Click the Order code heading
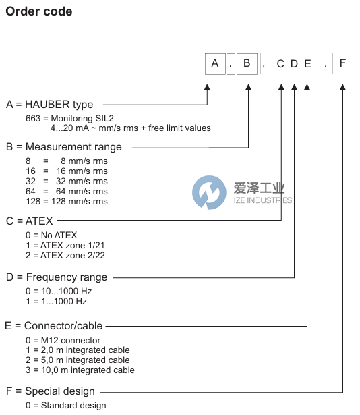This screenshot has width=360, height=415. [x=39, y=11]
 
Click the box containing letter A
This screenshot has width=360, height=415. [x=215, y=64]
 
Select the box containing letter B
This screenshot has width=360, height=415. [x=247, y=64]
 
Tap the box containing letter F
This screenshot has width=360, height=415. [x=342, y=64]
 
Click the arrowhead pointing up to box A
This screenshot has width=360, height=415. [x=207, y=88]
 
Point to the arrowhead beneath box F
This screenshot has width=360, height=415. [x=342, y=88]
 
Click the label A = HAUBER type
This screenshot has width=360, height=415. [x=50, y=105]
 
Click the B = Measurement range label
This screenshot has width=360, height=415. [x=64, y=147]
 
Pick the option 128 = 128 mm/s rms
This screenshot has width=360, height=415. [x=66, y=202]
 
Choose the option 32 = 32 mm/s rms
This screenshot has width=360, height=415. [x=66, y=182]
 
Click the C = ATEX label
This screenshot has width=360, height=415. [x=29, y=221]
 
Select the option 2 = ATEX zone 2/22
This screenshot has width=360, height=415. [x=65, y=255]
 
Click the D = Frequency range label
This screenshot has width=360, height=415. [x=57, y=277]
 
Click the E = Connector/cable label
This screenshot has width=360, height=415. [x=55, y=326]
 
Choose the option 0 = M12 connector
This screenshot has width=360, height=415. [x=63, y=340]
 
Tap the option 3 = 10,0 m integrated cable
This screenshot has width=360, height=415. [x=80, y=370]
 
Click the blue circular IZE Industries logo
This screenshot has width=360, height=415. [x=209, y=192]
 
